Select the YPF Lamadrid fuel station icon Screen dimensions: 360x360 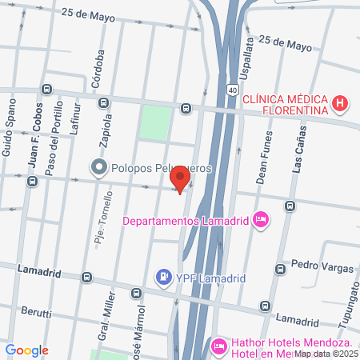click(x=163, y=278)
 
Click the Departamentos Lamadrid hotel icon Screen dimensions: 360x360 click(x=260, y=219)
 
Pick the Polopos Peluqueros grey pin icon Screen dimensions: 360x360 click(x=99, y=167)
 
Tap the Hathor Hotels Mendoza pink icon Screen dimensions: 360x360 click(x=218, y=346)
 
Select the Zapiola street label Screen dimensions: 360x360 click(x=103, y=133)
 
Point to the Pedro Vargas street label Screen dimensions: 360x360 click(x=316, y=264)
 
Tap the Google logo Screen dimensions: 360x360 click(x=26, y=350)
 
